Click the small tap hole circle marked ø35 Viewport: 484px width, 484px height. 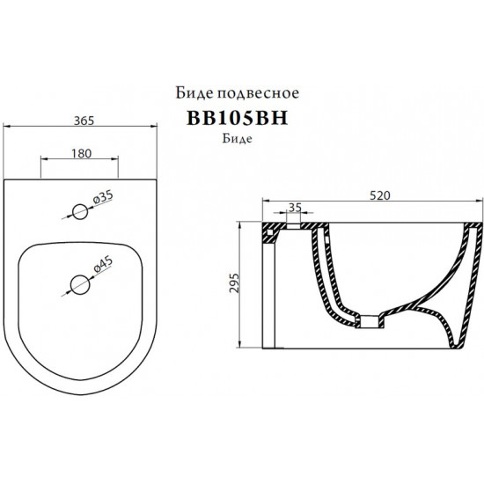[80, 211]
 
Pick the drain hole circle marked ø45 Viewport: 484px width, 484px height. [80, 283]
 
